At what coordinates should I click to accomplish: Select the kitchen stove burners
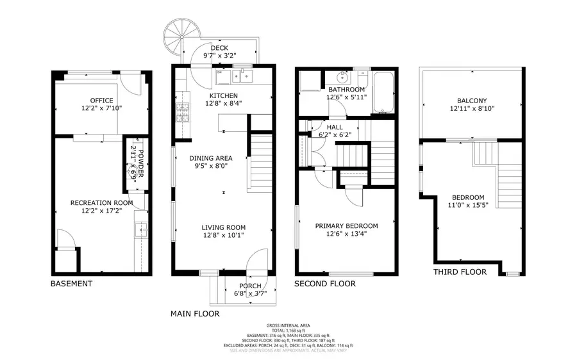182,113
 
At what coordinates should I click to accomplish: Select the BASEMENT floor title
71,283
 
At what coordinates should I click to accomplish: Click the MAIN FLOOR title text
195,314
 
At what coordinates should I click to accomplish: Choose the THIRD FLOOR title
460,272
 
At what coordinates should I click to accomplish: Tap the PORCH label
250,286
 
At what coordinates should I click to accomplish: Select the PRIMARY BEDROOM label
346,225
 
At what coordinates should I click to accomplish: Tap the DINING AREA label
210,158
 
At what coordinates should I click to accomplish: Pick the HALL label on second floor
334,127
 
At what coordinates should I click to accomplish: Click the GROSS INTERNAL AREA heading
288,325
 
